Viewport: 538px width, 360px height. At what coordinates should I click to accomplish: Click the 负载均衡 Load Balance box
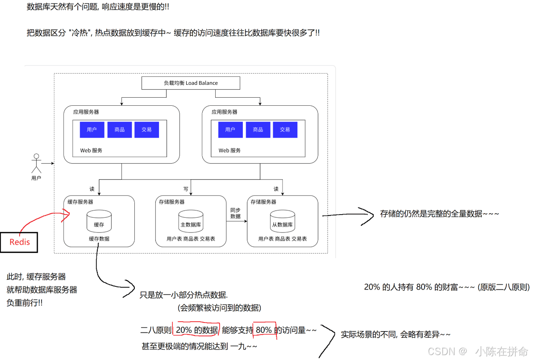pyautogui.click(x=191, y=83)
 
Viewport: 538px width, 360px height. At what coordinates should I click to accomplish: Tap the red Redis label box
pyautogui.click(x=20, y=242)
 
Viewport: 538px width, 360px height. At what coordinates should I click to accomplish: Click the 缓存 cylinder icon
pyautogui.click(x=99, y=221)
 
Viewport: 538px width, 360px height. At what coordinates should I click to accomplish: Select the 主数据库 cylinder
pyautogui.click(x=191, y=221)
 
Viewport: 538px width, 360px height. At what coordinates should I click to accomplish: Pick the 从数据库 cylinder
pyautogui.click(x=283, y=221)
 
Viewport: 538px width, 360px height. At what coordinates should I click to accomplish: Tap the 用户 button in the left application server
pyautogui.click(x=92, y=130)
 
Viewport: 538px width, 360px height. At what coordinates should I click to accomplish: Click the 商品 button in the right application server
pyautogui.click(x=258, y=130)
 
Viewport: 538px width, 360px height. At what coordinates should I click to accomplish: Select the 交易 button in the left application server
pyautogui.click(x=146, y=130)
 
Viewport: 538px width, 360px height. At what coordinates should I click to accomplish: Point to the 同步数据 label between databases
pyautogui.click(x=236, y=213)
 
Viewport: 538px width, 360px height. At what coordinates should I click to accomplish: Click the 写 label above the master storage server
pyautogui.click(x=186, y=189)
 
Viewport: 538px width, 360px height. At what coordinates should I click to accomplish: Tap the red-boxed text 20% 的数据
pyautogui.click(x=196, y=330)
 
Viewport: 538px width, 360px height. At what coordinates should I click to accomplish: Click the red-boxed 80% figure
pyautogui.click(x=264, y=330)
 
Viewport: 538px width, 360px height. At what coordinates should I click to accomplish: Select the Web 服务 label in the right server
pyautogui.click(x=229, y=151)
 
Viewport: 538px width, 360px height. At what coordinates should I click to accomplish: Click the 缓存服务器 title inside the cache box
pyautogui.click(x=80, y=202)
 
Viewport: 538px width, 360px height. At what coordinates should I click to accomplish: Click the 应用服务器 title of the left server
pyautogui.click(x=86, y=112)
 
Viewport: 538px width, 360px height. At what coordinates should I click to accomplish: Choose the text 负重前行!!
pyautogui.click(x=25, y=302)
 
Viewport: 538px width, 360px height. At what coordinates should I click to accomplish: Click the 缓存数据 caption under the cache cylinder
pyautogui.click(x=99, y=239)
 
